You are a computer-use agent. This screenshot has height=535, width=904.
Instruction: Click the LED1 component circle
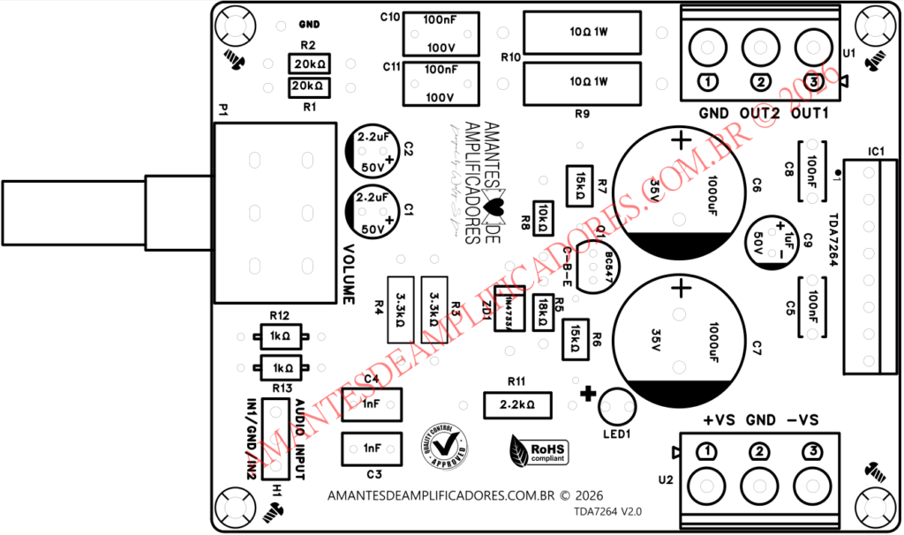(x=616, y=407)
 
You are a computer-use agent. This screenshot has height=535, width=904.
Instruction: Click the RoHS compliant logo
(x=539, y=451)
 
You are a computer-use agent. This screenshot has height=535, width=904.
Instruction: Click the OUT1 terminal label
(x=810, y=114)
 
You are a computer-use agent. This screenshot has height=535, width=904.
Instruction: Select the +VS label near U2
(x=720, y=420)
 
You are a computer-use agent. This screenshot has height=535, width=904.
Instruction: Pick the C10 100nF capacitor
(x=441, y=34)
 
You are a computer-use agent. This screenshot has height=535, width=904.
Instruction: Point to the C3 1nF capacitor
(x=372, y=448)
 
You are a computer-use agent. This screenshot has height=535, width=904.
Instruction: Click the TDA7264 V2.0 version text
(x=607, y=511)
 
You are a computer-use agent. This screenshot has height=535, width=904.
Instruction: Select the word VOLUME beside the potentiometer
(x=349, y=274)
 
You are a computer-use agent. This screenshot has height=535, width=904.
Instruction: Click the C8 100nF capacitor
(x=811, y=166)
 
